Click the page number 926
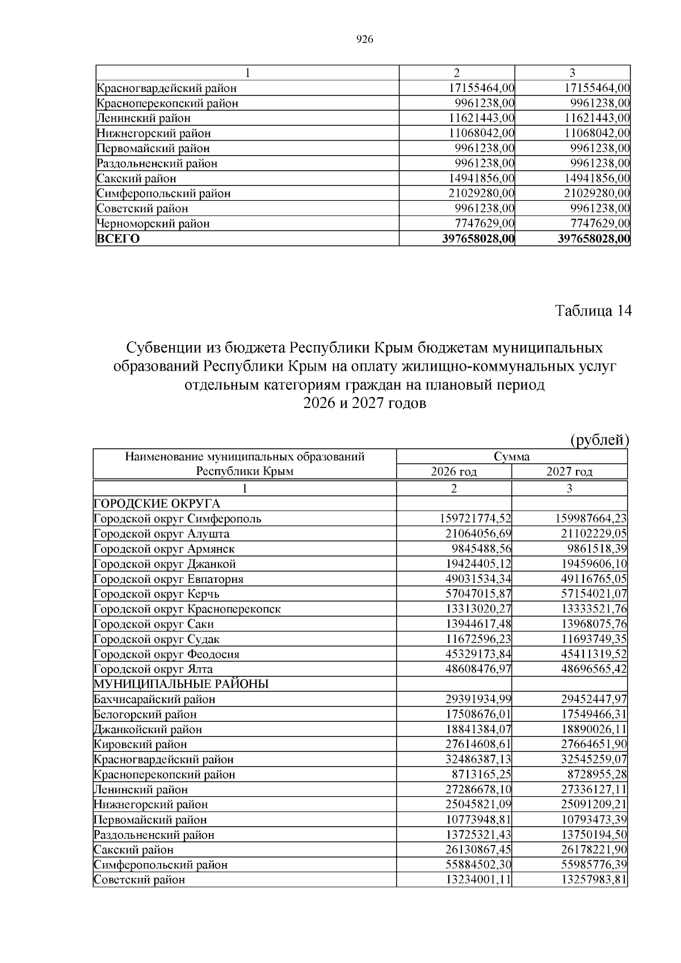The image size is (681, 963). coord(364,39)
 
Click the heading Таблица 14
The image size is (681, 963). coord(592,311)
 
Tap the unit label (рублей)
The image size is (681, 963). coord(599,440)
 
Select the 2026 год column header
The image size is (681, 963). coord(453,472)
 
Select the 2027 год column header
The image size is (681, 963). coord(569,472)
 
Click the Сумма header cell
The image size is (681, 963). coord(511,457)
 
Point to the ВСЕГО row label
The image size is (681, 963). coord(118,238)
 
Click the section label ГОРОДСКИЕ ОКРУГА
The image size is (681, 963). coord(157,503)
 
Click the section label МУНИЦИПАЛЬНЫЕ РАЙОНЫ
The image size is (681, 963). coord(181,684)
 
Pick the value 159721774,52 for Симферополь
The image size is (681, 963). coord(476,519)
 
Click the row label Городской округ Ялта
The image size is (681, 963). coord(153,669)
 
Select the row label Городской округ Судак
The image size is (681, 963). coord(157,639)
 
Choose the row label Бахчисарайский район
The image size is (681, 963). coord(154,699)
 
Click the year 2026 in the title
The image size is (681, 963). coord(320,403)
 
